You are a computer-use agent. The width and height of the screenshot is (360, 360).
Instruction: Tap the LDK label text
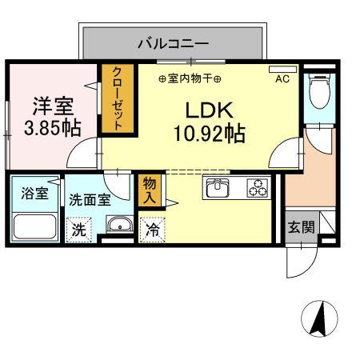[x=210, y=110]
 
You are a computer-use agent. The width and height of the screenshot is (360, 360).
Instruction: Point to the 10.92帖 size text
[x=210, y=133]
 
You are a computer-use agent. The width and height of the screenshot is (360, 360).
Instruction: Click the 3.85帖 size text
[x=52, y=128]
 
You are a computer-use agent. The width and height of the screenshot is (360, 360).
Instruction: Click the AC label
[x=282, y=78]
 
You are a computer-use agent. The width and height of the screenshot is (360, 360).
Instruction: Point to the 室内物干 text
[x=190, y=78]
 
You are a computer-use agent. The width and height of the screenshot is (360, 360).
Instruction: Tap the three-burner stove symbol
[x=258, y=189]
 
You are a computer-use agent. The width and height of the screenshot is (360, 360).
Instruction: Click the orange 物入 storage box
[x=149, y=192]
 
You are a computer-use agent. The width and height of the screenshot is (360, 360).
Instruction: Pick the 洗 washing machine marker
[x=79, y=228]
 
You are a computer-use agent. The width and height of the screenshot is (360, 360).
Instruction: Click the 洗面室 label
[x=90, y=200]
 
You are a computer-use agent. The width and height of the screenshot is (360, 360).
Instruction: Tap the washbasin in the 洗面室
[x=118, y=225]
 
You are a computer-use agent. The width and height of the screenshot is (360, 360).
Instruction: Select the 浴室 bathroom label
[x=33, y=194]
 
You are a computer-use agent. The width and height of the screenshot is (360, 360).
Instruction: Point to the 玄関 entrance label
[x=301, y=226]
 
